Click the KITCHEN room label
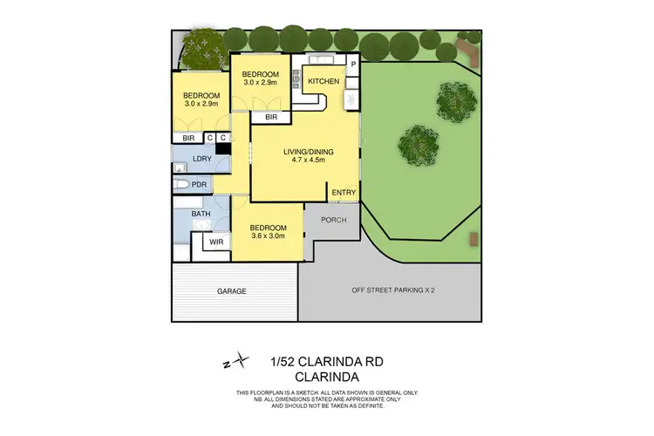point(324,82)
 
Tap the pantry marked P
point(353,64)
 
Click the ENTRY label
point(343,193)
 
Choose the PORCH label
point(333,220)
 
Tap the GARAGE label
point(232,290)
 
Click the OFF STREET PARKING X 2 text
point(392,290)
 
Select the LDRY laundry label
point(201,159)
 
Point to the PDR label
point(199,185)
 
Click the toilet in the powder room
point(180,185)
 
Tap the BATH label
point(201,214)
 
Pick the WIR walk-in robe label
point(216,242)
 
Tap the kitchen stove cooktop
point(296,80)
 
